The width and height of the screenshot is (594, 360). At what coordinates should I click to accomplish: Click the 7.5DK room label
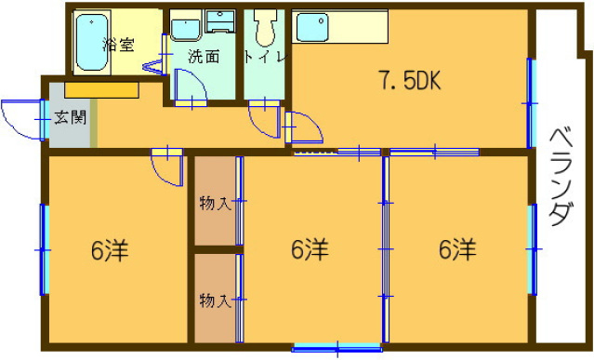coord(406,82)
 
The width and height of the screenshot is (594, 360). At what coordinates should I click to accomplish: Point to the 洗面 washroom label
coord(204,56)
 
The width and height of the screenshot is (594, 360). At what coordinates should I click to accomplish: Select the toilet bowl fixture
coord(266,29)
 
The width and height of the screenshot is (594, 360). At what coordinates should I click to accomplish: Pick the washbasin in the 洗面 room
coord(185,25)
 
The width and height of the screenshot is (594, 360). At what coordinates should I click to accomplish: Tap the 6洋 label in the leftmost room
coord(109,250)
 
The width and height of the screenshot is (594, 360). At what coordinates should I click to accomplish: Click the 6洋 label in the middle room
coord(309,250)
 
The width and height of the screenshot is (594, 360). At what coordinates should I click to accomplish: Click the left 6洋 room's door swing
coord(168,168)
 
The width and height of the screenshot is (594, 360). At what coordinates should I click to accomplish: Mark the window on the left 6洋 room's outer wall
coord(43,248)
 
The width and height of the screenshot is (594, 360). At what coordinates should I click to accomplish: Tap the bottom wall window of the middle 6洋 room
coord(337,348)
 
